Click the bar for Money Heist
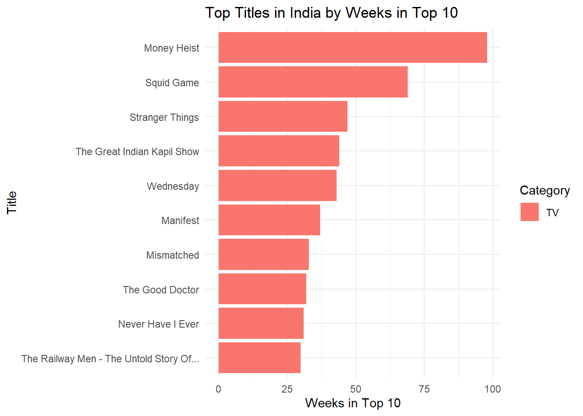click(x=352, y=47)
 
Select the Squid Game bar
click(x=313, y=82)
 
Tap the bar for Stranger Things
click(x=283, y=117)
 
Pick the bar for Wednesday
click(x=277, y=185)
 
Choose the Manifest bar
click(x=269, y=220)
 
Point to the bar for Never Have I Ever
click(x=261, y=323)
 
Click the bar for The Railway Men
click(x=259, y=358)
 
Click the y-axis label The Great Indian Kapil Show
click(x=137, y=152)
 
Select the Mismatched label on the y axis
click(x=173, y=255)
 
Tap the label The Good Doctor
click(x=160, y=290)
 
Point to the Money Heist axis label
click(x=171, y=48)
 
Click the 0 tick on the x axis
click(x=218, y=389)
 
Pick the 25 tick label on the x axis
click(x=287, y=389)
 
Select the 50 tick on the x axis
click(x=355, y=389)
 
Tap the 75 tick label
click(x=424, y=389)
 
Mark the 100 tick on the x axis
click(x=493, y=389)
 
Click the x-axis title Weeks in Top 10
click(x=353, y=403)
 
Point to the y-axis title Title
click(x=12, y=202)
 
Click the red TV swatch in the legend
click(x=529, y=212)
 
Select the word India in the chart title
click(x=305, y=13)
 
